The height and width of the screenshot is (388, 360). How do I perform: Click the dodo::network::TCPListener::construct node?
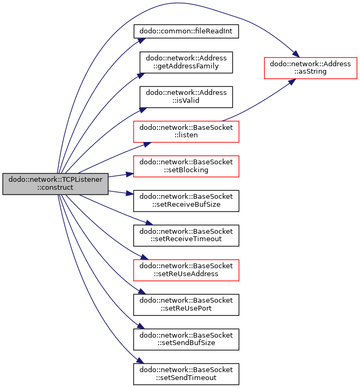56,184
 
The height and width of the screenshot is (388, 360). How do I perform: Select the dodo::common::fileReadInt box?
186,31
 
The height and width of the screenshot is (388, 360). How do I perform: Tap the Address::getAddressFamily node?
186,63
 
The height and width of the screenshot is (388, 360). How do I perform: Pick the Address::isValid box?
186,97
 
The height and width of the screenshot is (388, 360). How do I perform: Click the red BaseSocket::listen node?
186,131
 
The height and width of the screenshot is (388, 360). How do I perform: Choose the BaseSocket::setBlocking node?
186,166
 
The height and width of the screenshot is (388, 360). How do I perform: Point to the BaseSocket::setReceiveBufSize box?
186,201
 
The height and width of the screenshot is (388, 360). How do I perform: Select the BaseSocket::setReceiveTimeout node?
186,235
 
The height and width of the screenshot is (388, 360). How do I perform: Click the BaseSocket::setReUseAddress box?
186,270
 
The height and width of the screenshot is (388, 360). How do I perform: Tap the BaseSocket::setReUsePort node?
186,305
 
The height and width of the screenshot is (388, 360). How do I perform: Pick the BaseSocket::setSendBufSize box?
186,339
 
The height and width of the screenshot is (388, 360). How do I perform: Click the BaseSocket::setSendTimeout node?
186,374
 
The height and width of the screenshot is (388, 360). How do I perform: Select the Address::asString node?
311,68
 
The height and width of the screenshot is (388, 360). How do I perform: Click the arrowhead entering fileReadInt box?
142,41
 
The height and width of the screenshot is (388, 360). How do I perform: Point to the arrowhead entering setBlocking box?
130,174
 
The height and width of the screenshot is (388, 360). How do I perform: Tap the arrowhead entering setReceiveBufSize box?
130,193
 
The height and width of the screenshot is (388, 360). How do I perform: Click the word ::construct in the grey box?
55,188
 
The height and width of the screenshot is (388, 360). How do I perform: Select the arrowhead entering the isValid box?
143,110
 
